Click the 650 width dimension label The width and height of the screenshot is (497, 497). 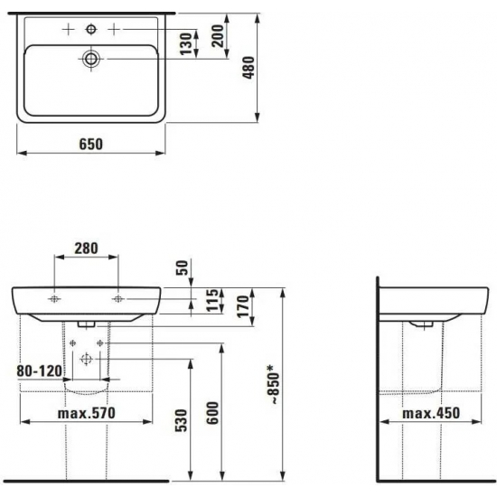pos(91,145)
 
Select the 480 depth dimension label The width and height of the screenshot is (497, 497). pos(249,68)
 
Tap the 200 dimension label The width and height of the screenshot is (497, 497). pos(218,36)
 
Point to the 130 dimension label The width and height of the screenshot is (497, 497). pos(186,43)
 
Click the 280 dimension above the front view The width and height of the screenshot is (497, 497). pos(86,248)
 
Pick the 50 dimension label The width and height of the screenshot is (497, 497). pos(183,267)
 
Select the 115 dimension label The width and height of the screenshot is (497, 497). pos(213,300)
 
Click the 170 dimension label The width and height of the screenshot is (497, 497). pos(244,306)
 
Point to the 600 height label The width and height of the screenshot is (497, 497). pos(212,413)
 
